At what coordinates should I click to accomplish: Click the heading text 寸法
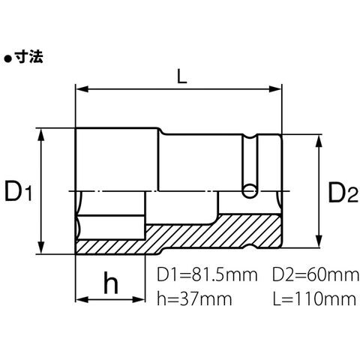tap(29, 57)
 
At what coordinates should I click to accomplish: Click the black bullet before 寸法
tap(8, 59)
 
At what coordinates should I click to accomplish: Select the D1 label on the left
tap(19, 191)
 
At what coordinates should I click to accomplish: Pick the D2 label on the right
tap(343, 192)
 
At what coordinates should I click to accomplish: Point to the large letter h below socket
tap(111, 283)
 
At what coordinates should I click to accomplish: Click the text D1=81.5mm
tap(207, 275)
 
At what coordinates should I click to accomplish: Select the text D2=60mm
tap(316, 275)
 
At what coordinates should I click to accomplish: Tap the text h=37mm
tap(194, 298)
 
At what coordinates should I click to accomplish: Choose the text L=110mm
tap(314, 298)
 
